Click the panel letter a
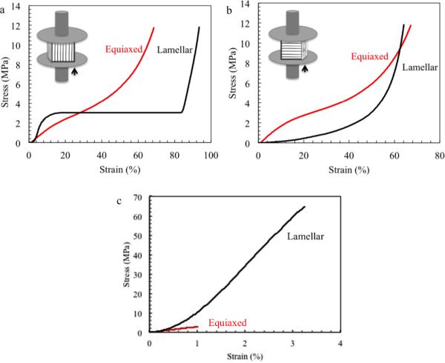click(5, 7)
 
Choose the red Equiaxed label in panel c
click(227, 322)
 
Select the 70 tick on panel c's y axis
click(139, 199)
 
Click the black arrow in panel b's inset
click(303, 70)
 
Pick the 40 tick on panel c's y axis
click(139, 256)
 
